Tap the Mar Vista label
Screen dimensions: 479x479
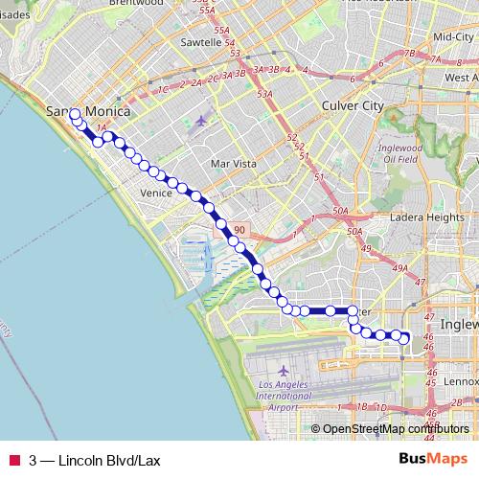(x=234, y=164)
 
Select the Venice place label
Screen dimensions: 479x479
(x=155, y=194)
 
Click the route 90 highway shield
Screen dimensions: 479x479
(x=239, y=230)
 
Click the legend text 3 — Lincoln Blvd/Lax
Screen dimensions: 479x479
(x=95, y=460)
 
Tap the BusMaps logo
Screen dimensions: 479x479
(x=431, y=460)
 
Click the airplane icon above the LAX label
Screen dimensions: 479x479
(x=284, y=370)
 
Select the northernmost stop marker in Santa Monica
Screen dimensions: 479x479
(x=75, y=114)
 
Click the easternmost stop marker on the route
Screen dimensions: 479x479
(x=404, y=338)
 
